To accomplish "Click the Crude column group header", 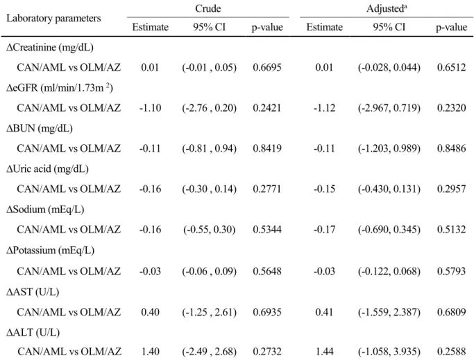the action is coord(208,8).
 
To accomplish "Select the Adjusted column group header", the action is coord(387,8).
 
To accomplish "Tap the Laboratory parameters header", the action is coord(53,18).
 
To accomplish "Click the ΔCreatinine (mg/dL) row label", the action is coord(50,47).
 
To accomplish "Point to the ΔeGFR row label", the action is coord(60,87).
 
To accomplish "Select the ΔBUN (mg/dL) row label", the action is coord(40,128).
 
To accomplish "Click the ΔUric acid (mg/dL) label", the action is coord(47,169).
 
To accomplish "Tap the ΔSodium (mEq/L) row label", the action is coord(45,209).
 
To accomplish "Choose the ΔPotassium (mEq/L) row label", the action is coord(50,250).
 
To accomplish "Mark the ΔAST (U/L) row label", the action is coord(33,292).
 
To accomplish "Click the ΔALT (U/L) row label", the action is coord(33,332).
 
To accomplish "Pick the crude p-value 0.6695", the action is coord(267,67).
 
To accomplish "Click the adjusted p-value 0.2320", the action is coord(451,108).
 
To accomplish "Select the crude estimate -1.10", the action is coord(150,108).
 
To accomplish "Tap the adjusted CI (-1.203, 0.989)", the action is coord(389,148).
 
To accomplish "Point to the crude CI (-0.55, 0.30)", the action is coord(209,230).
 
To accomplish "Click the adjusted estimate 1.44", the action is coord(324,352).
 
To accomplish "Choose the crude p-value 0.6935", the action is coord(267,312).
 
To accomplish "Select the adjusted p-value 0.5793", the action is coord(451,271).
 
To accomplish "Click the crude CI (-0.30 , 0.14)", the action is coord(209,189).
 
